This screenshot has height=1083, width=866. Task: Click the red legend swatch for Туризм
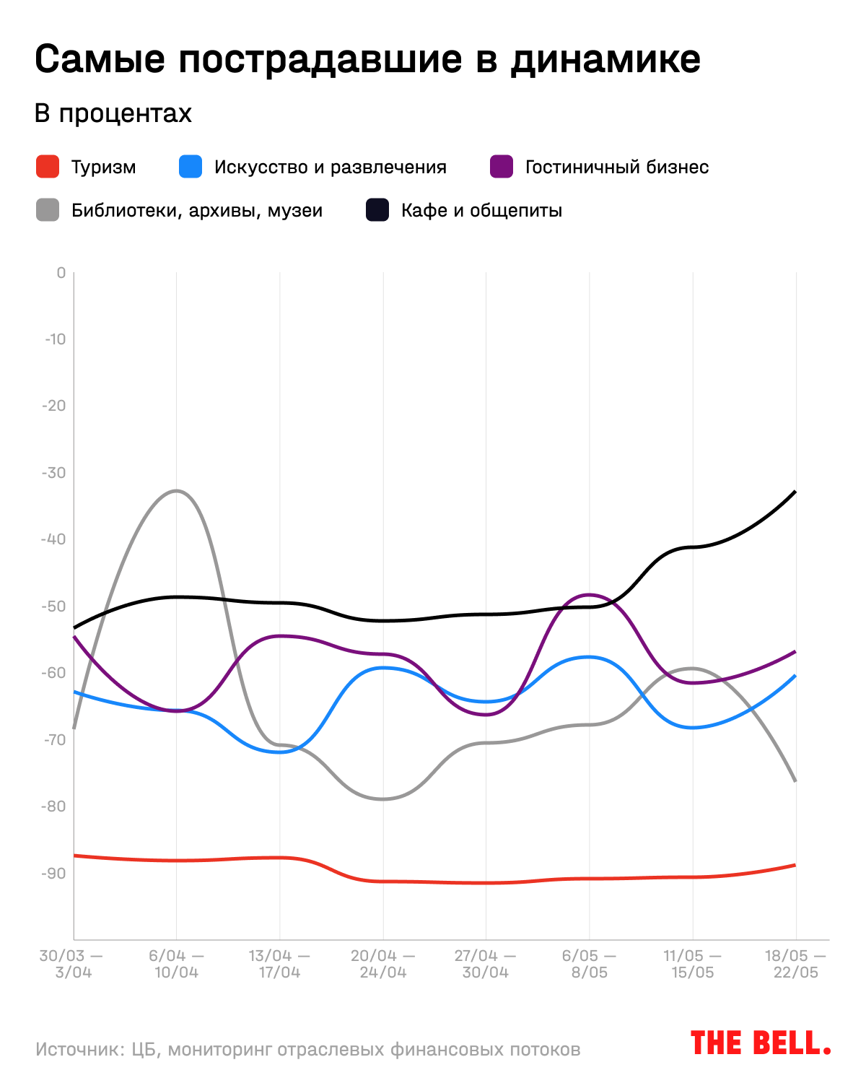tap(48, 167)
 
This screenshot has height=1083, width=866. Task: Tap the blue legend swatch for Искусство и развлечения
tap(191, 167)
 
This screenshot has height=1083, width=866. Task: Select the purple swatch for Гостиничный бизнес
tap(502, 167)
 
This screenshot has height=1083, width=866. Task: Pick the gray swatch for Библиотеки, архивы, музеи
tap(48, 210)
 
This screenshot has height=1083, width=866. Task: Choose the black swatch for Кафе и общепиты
tap(377, 210)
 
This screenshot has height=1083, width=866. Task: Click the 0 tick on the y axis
tap(61, 273)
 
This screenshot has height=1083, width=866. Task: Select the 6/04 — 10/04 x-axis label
tap(176, 964)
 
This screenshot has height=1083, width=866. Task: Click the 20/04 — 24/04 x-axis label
tap(382, 964)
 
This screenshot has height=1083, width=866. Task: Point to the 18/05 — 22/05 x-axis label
tap(795, 964)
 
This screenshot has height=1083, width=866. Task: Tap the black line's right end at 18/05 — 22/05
tap(795, 492)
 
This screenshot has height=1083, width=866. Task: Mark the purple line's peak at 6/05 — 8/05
tap(590, 595)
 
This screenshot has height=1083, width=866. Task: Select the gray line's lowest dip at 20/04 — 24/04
tap(382, 799)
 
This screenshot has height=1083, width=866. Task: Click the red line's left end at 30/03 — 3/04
tap(74, 856)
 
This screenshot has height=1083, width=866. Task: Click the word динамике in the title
tap(605, 59)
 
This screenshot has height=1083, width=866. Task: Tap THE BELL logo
tap(760, 1043)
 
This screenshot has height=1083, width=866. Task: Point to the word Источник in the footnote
tap(77, 1049)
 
